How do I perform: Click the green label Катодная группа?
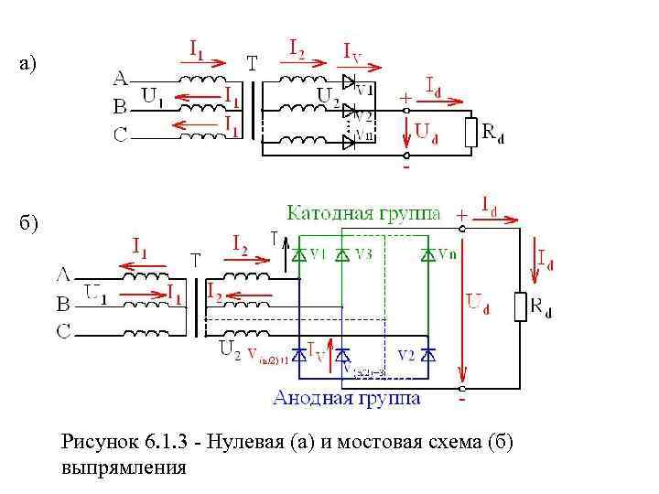pyautogui.click(x=363, y=213)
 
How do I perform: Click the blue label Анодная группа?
pyautogui.click(x=347, y=398)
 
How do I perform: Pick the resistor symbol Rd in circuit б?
pyautogui.click(x=520, y=306)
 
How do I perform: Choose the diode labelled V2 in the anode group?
pyautogui.click(x=427, y=352)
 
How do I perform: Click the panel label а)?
pyautogui.click(x=30, y=64)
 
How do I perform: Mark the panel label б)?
pyautogui.click(x=30, y=222)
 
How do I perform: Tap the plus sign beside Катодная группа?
pyautogui.click(x=461, y=214)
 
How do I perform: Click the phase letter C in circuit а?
pyautogui.click(x=120, y=135)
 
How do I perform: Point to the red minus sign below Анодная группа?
pyautogui.click(x=462, y=400)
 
